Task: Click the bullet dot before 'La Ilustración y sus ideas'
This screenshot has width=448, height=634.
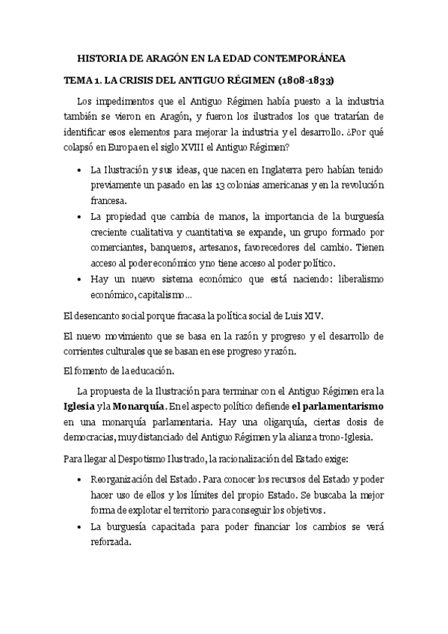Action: [x=80, y=170]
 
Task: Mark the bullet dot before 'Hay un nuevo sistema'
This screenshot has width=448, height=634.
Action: [x=80, y=280]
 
